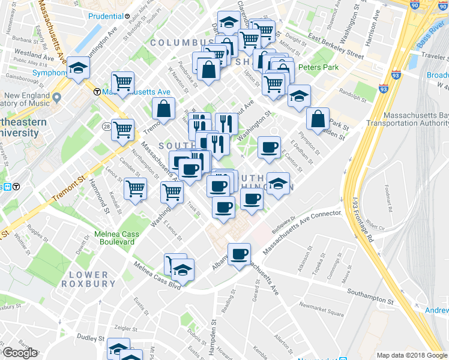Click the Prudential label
pos(106,16)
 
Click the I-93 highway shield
pos(383,89)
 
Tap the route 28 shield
pos(106,127)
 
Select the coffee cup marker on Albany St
pos(240,254)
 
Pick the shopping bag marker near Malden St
pos(318,119)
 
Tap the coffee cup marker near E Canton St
pos(269,146)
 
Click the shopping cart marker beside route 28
pos(123,129)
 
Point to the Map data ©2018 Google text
pos(412,355)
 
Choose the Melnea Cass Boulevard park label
pos(116,238)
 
